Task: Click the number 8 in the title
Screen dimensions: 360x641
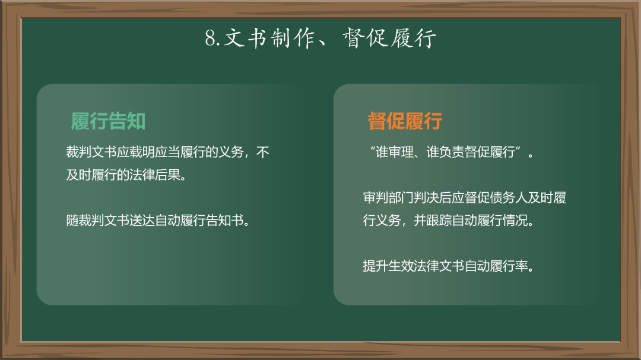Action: click(x=210, y=38)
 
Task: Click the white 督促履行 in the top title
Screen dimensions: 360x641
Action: click(x=390, y=38)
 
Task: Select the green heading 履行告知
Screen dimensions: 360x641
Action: click(x=108, y=122)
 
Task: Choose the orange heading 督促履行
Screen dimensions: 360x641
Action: click(x=405, y=122)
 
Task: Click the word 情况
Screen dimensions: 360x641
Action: click(x=515, y=221)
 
